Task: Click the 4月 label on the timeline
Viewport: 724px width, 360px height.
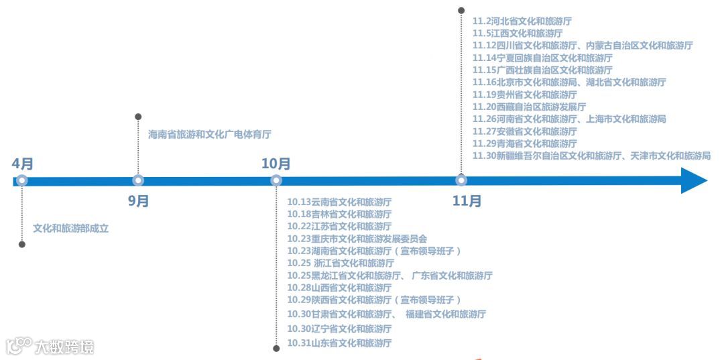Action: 22,164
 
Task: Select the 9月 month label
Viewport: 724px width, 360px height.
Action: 139,200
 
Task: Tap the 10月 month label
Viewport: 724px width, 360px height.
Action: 276,164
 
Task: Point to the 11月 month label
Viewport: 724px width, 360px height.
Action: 467,200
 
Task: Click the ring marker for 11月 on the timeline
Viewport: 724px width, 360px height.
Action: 461,180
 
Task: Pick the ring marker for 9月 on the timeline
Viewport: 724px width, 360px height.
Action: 138,180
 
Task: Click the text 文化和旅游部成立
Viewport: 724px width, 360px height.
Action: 70,228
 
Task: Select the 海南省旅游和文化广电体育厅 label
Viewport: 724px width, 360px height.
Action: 210,134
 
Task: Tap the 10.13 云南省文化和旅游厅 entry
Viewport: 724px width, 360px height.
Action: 339,201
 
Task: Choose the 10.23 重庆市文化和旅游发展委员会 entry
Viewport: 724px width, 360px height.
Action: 357,238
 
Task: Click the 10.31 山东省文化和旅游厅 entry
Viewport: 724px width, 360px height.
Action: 339,343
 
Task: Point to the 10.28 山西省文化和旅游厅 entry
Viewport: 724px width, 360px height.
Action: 339,287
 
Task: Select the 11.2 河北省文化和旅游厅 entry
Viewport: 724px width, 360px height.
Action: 522,21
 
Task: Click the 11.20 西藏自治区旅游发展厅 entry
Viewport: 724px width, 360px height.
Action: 529,107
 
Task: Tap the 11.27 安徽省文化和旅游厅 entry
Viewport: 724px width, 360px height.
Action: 524,131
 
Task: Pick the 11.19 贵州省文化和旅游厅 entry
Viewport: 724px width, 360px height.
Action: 524,95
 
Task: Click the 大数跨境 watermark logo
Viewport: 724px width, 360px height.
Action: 50,346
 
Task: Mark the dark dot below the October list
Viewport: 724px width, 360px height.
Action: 276,348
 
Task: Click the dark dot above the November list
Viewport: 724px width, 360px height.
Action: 461,10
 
